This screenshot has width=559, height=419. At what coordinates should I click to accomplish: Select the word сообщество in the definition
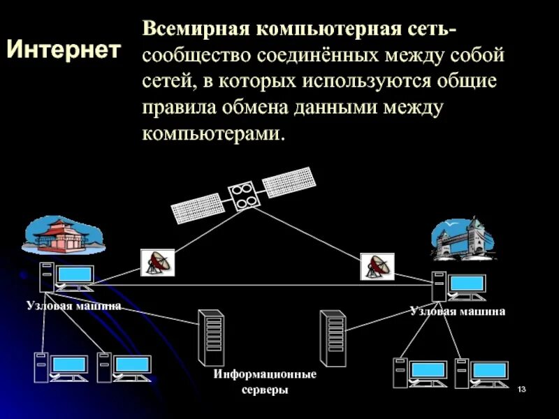[196, 56]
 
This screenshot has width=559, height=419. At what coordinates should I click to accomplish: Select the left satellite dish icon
[157, 263]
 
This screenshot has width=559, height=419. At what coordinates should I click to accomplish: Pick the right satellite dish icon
[377, 266]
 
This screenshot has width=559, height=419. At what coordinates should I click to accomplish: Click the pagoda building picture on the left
[62, 235]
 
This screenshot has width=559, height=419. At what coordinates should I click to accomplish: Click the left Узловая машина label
[74, 305]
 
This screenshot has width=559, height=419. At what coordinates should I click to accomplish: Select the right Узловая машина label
[458, 311]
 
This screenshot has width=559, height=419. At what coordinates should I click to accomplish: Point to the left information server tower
[210, 338]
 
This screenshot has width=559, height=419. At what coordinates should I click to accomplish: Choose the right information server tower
[333, 338]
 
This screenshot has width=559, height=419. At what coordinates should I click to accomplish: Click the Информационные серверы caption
[265, 382]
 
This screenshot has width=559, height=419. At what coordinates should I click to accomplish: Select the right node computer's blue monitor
[467, 283]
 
